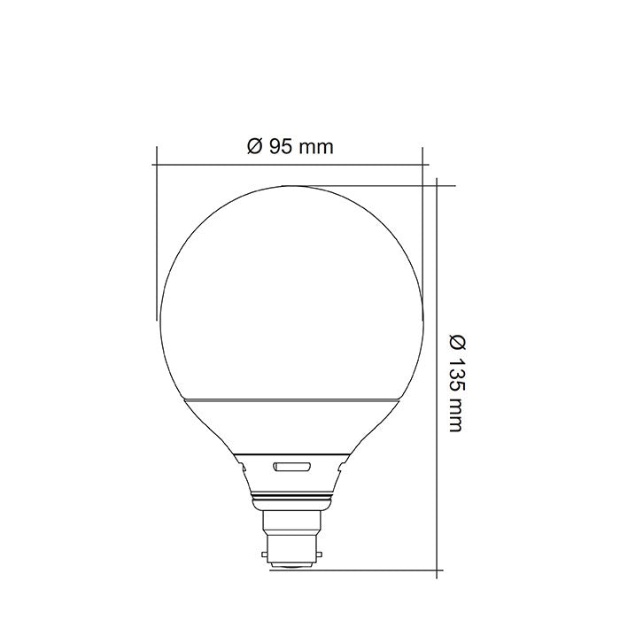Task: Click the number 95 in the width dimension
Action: (282, 147)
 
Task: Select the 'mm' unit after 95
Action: (316, 147)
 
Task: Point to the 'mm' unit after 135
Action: (455, 413)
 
